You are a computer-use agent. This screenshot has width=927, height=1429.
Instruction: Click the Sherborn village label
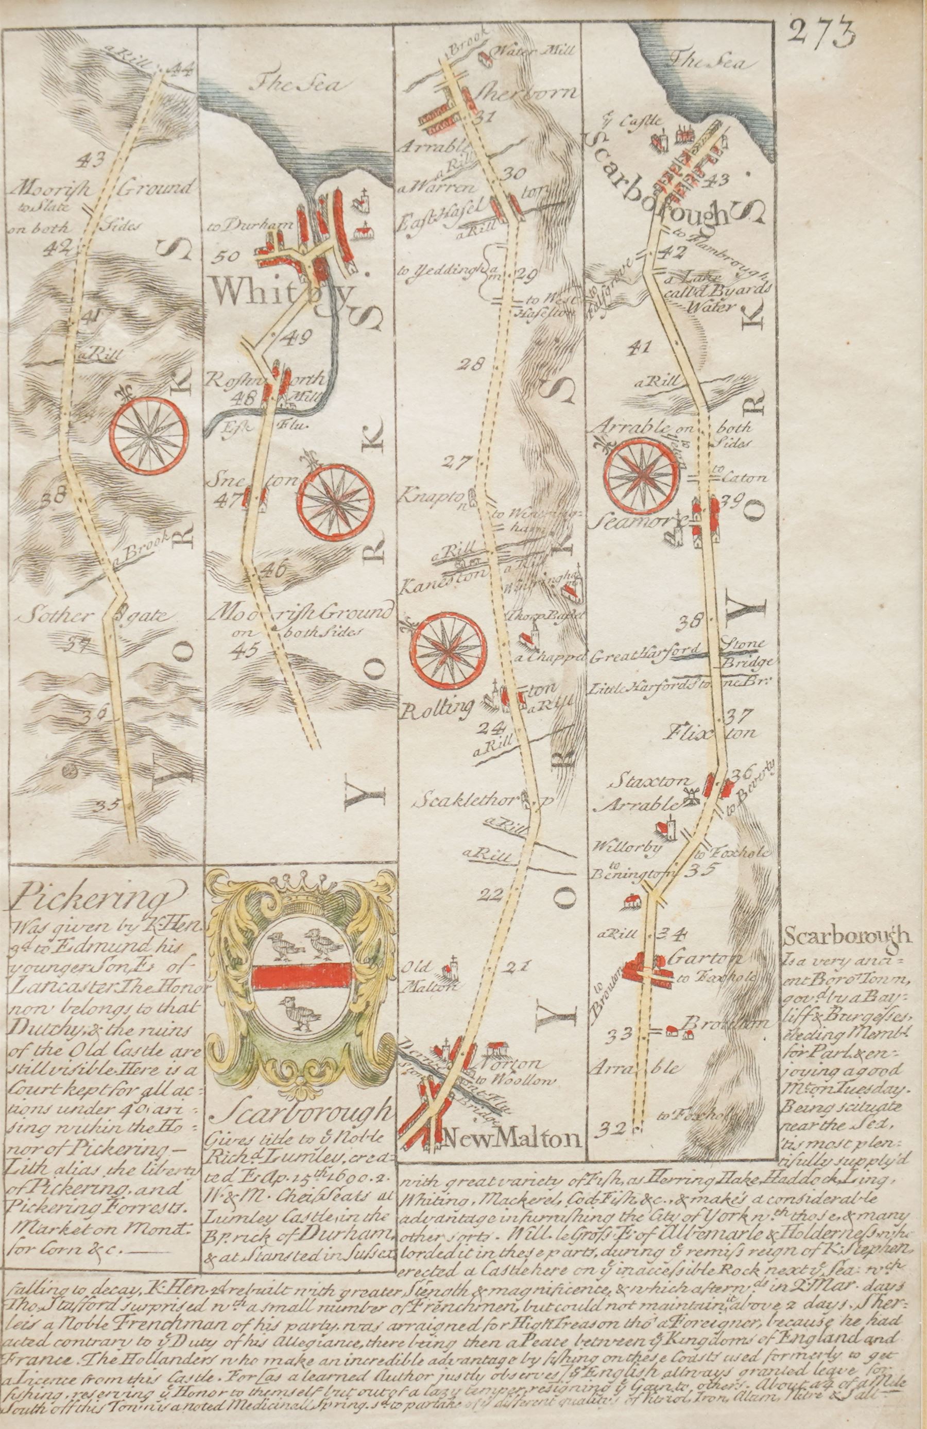526,93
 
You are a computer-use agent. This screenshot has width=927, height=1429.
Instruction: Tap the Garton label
706,958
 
